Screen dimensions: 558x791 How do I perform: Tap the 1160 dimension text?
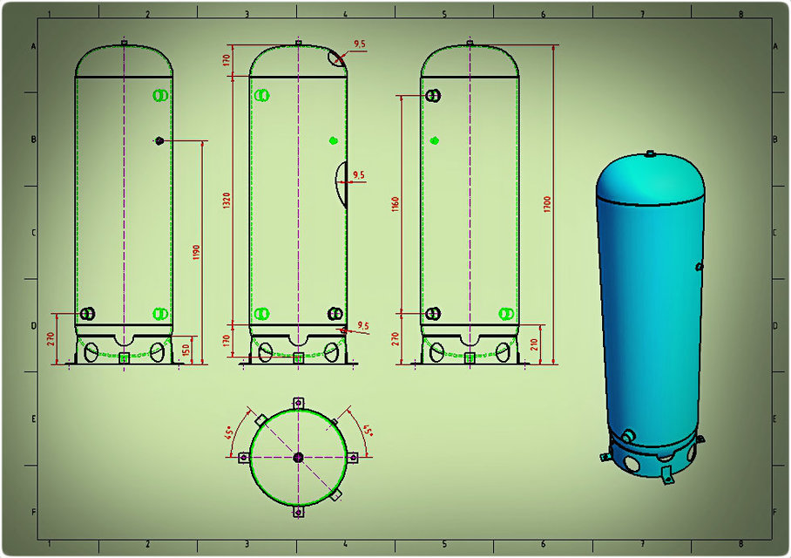tap(396, 207)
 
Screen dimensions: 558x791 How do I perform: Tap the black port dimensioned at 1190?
tap(159, 140)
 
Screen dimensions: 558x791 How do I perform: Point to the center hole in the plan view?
tap(298, 457)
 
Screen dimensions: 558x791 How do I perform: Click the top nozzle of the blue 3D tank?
tap(650, 154)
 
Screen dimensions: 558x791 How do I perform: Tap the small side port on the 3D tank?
tap(699, 266)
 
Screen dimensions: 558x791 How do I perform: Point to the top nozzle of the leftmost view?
tap(124, 43)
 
